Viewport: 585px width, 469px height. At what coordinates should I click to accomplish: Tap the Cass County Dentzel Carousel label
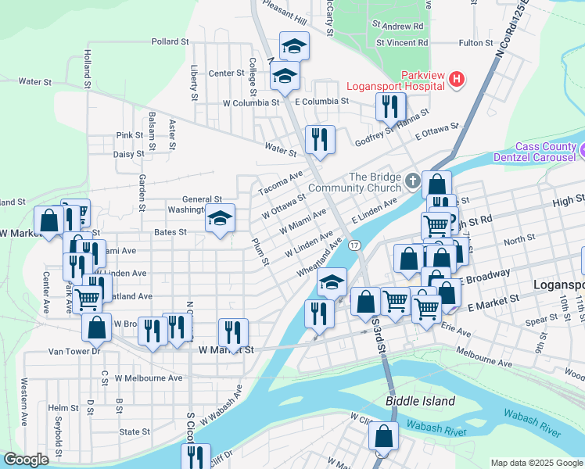547,152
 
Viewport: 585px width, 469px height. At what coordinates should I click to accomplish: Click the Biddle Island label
420,401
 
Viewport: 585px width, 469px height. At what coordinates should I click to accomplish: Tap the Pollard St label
170,41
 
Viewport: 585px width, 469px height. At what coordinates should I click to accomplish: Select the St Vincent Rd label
402,42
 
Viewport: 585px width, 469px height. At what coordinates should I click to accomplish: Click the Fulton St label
476,42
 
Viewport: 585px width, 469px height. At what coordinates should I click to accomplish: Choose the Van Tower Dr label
75,352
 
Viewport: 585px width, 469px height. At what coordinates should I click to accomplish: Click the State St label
135,431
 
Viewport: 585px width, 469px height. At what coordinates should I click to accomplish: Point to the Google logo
26,460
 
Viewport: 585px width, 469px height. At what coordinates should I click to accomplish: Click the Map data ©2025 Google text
536,463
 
